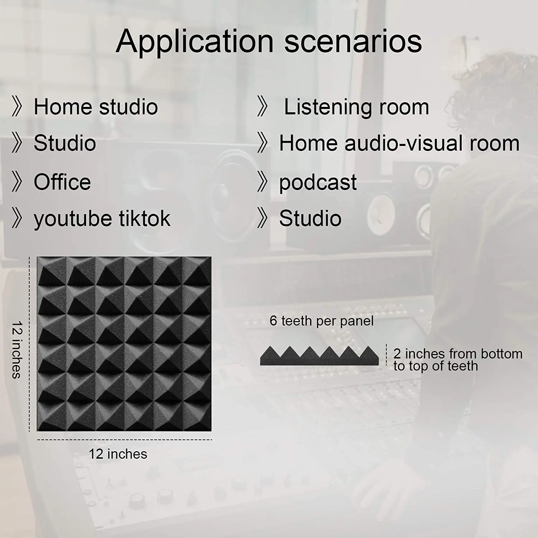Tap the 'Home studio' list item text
pos(96,107)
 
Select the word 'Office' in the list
pos(62,182)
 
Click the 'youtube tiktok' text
pos(102,218)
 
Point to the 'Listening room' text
pos(357,107)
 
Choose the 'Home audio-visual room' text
pos(399,143)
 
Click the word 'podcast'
pos(318,183)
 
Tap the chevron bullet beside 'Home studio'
pos(17,107)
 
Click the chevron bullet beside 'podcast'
pos(263,182)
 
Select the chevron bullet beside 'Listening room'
pos(263,107)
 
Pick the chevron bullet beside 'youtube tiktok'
pos(17,218)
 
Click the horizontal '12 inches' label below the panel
pos(118,454)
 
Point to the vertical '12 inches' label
pos(16,350)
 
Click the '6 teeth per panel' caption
pos(321,321)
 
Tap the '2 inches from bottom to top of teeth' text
pos(458,360)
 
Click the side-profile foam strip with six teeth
pos(320,356)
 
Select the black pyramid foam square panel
pos(124,344)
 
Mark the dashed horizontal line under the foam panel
pos(124,439)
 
